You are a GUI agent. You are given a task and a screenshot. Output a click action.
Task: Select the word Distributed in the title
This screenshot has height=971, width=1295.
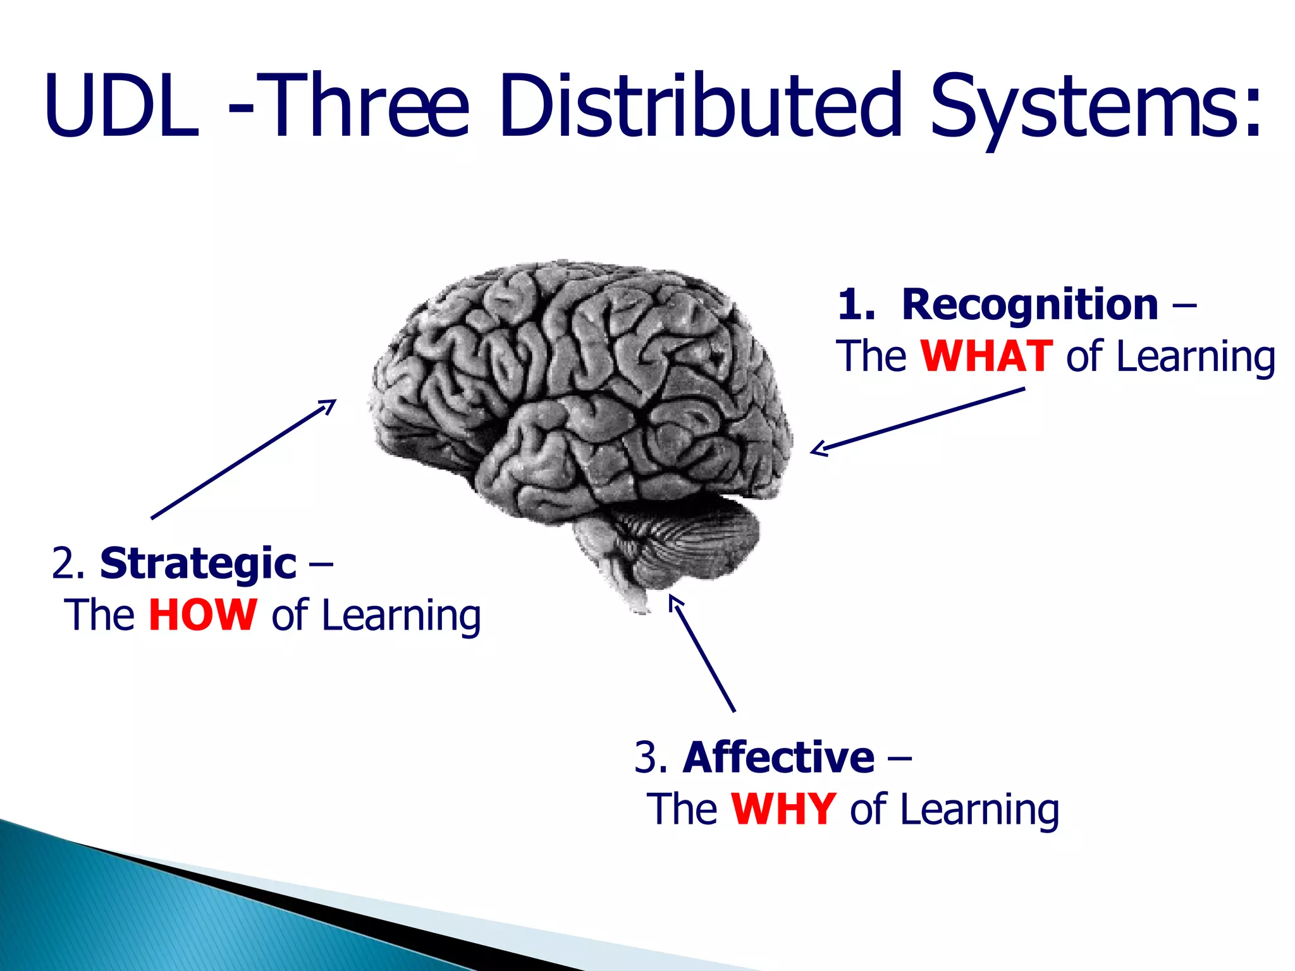699,105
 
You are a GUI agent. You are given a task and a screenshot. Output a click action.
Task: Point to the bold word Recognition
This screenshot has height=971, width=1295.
1029,305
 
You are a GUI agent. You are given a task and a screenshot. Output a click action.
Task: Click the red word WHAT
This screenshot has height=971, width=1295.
986,357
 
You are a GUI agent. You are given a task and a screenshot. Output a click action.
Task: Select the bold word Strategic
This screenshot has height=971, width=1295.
198,564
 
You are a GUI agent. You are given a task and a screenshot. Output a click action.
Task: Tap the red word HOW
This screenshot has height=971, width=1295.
202,615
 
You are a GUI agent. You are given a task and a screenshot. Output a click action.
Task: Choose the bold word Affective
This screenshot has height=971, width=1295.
778,757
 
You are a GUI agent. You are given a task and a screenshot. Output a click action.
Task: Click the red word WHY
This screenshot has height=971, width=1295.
783,809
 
